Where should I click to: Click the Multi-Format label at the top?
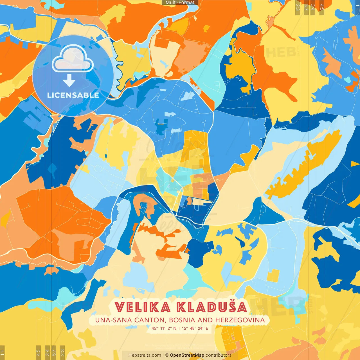point(180,3)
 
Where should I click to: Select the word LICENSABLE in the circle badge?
point(73,95)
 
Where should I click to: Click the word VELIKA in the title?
point(143,307)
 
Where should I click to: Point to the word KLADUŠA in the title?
point(212,307)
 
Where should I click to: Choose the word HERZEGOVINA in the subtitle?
point(240,320)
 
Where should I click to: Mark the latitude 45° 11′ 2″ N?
point(164,328)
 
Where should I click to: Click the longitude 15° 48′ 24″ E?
point(195,328)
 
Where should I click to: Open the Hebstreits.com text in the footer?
point(145,355)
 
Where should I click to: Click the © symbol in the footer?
point(167,355)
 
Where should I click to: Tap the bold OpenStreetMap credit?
point(187,355)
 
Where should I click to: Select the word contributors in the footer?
point(219,355)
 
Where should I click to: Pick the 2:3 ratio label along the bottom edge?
point(62,352)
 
